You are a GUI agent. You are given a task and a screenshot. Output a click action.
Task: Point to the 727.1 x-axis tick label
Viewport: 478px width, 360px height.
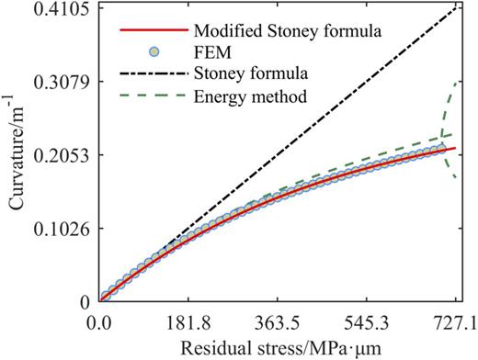456,323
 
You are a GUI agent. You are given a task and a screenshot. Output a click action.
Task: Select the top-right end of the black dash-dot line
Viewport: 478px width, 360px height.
455,8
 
